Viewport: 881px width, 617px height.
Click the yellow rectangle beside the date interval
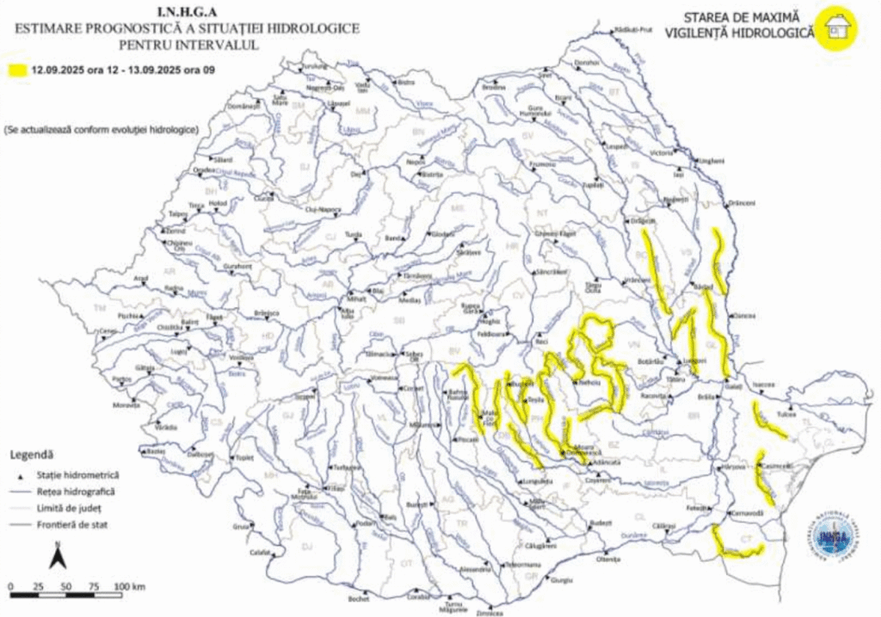point(17,71)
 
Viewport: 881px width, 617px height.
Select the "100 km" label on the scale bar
point(130,586)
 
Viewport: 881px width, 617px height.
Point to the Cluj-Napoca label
point(324,209)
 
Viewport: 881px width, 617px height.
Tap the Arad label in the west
point(141,278)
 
